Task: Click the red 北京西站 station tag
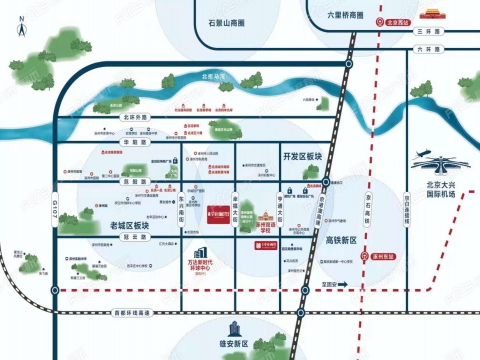399,19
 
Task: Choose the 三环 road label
428,31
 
